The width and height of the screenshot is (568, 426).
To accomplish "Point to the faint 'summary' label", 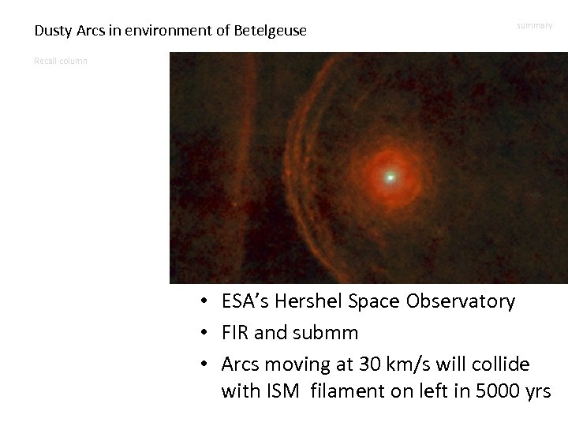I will pos(535,26).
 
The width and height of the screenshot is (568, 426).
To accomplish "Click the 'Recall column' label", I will pos(61,61).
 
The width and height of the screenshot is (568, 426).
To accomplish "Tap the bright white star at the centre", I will pos(390,177).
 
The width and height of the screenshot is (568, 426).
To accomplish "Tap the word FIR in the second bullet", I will pos(237,333).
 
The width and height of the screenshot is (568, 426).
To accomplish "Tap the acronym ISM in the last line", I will pos(282,390).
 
